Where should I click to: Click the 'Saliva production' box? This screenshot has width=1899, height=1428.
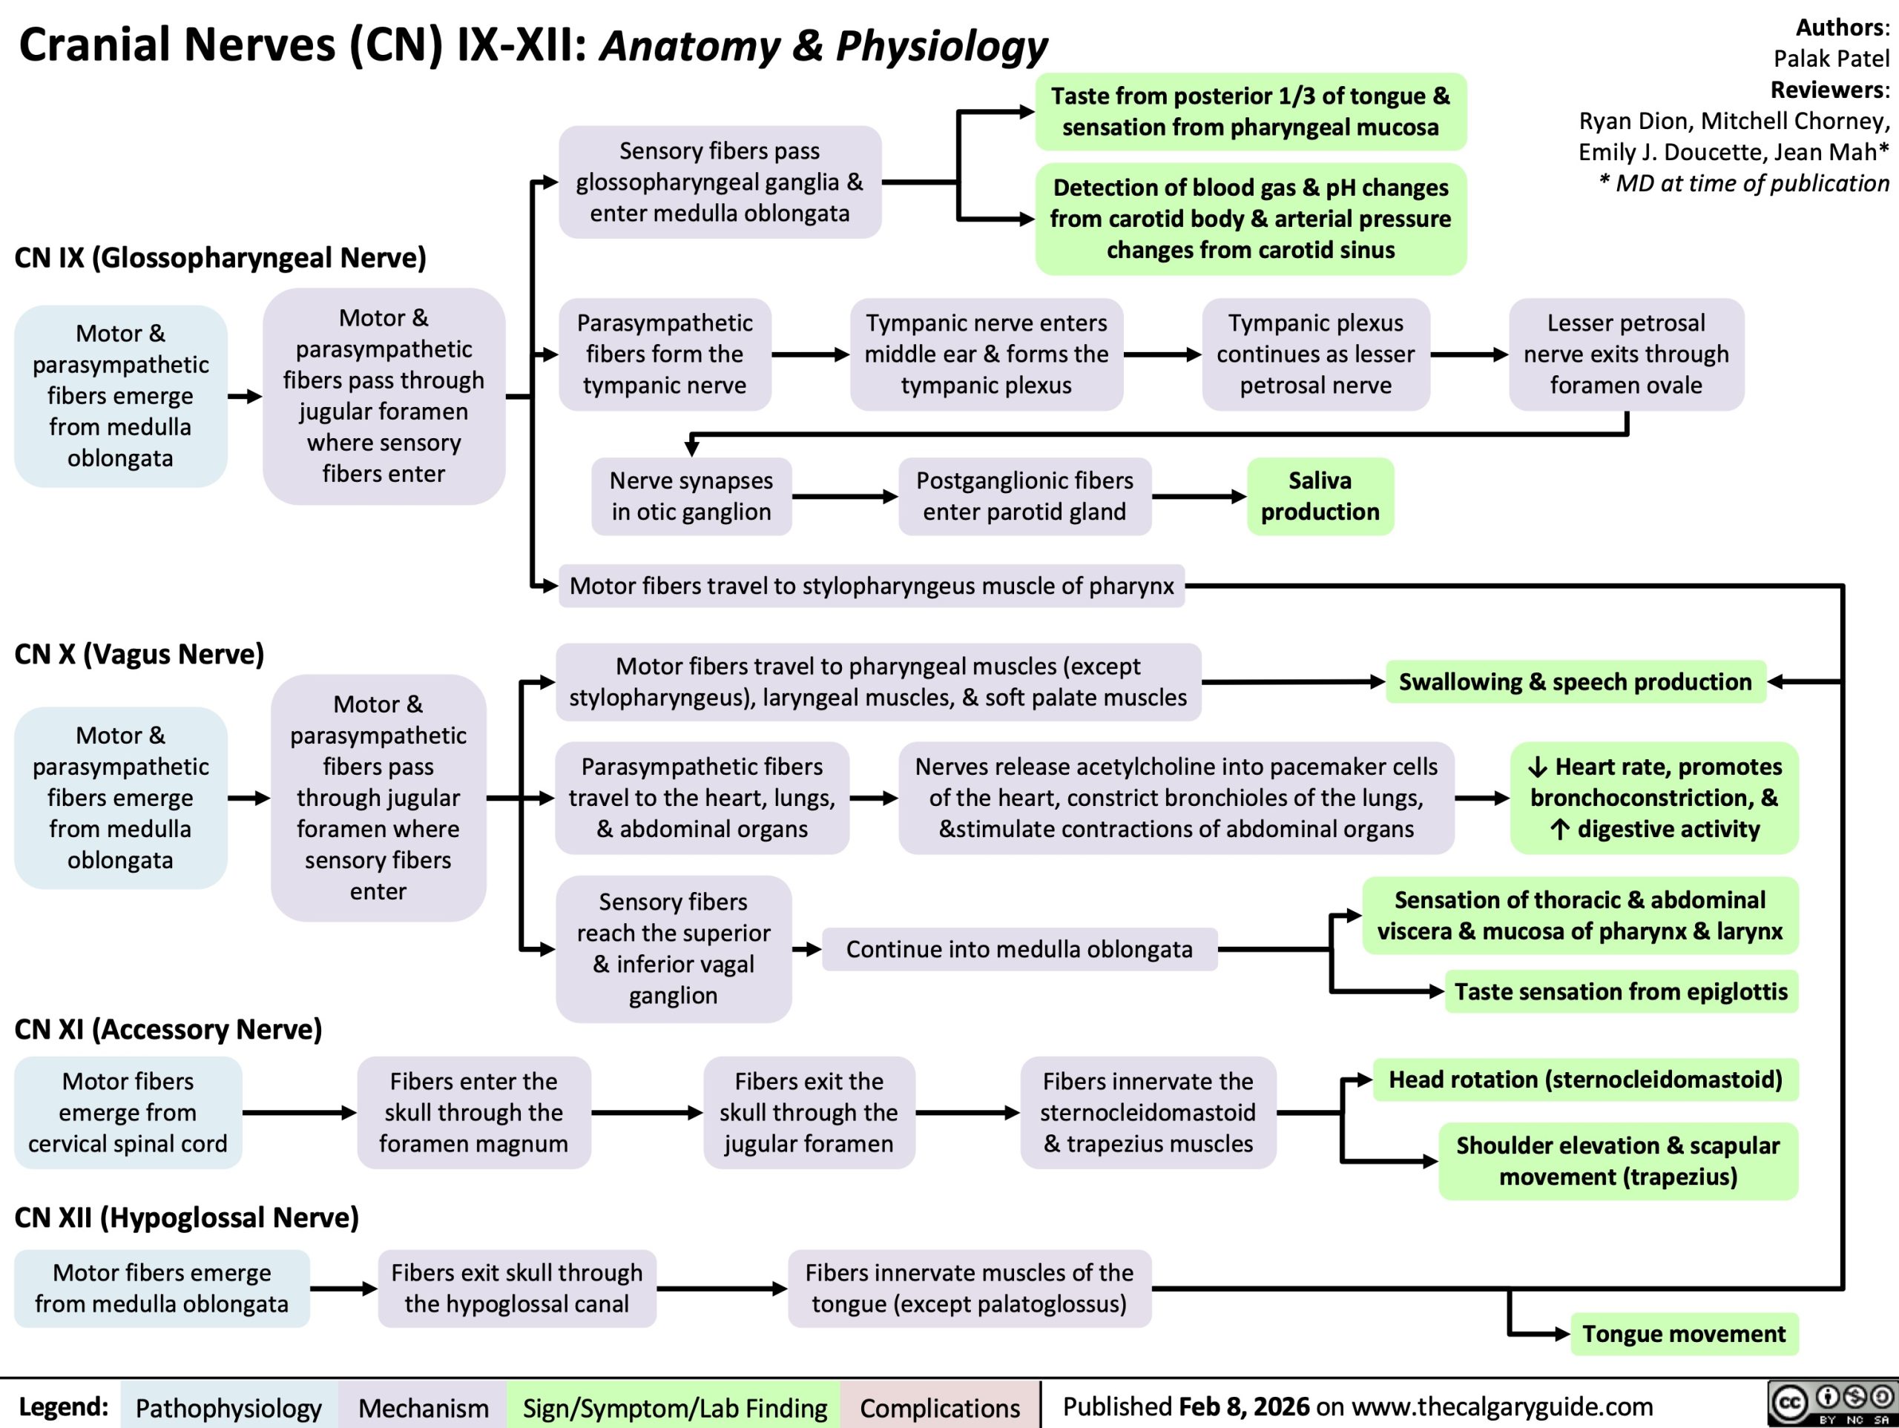click(1320, 496)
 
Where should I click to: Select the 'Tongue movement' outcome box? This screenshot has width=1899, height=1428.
click(1684, 1334)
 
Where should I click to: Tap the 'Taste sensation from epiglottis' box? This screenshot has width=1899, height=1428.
click(1621, 991)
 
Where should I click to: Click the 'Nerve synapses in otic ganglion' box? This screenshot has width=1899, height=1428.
click(691, 496)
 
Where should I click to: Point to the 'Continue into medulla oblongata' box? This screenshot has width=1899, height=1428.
click(1019, 948)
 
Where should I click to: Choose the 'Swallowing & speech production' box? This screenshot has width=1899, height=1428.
click(1576, 681)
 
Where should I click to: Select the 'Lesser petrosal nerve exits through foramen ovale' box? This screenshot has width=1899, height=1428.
click(1626, 354)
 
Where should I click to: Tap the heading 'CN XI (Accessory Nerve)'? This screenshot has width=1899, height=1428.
click(168, 1028)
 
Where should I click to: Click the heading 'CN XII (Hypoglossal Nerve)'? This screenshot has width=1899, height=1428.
click(186, 1217)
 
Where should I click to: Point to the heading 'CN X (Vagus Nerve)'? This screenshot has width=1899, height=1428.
click(139, 654)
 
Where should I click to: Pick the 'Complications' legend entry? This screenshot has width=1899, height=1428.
click(940, 1407)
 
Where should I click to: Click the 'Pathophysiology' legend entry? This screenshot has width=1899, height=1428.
click(228, 1407)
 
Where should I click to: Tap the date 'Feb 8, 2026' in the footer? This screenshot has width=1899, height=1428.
click(1244, 1406)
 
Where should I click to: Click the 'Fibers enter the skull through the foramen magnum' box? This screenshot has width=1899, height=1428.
click(474, 1112)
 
